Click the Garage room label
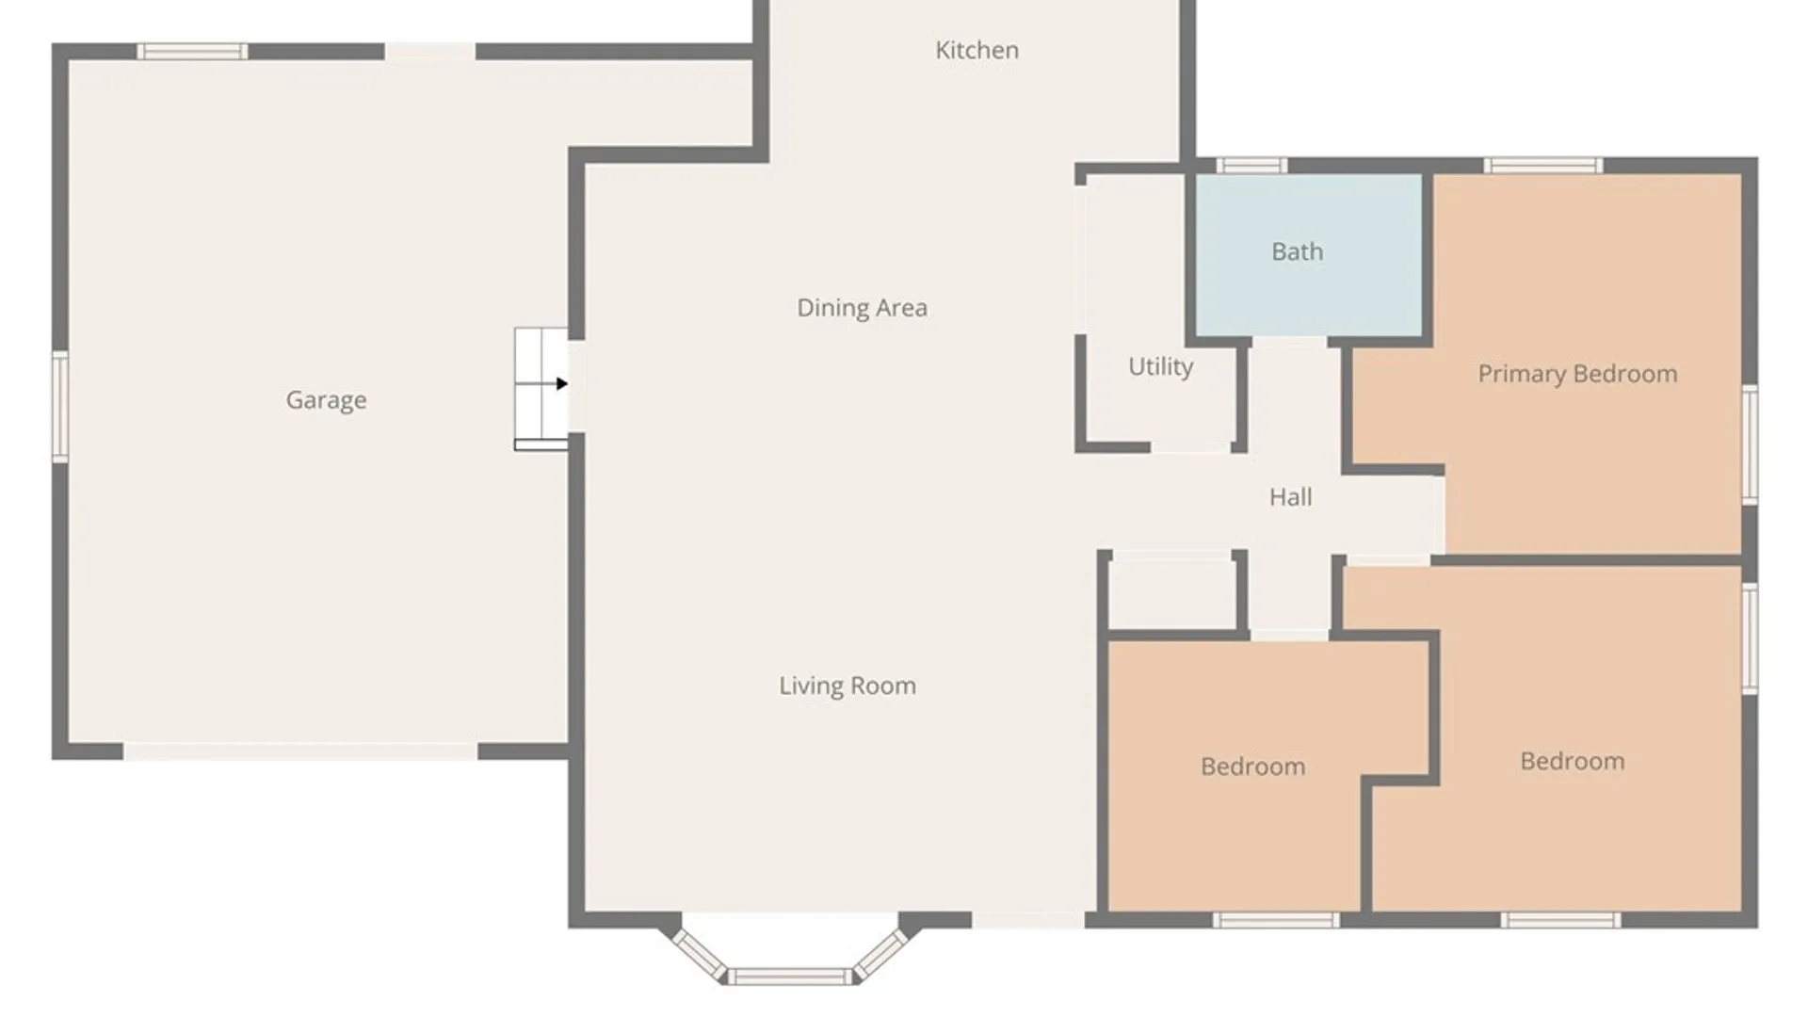(326, 400)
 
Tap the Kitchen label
(977, 50)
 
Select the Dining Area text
(862, 308)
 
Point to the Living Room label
(847, 686)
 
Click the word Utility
(1160, 366)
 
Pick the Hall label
(1290, 497)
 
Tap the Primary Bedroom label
(1577, 374)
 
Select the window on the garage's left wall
(60, 406)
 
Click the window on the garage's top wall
(192, 52)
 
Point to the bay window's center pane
(790, 977)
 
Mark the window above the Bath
(1251, 166)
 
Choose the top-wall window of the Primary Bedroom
(1543, 166)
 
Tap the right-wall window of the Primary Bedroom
(1750, 444)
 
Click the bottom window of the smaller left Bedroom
(1276, 920)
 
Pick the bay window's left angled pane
(699, 953)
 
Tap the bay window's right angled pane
(881, 953)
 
